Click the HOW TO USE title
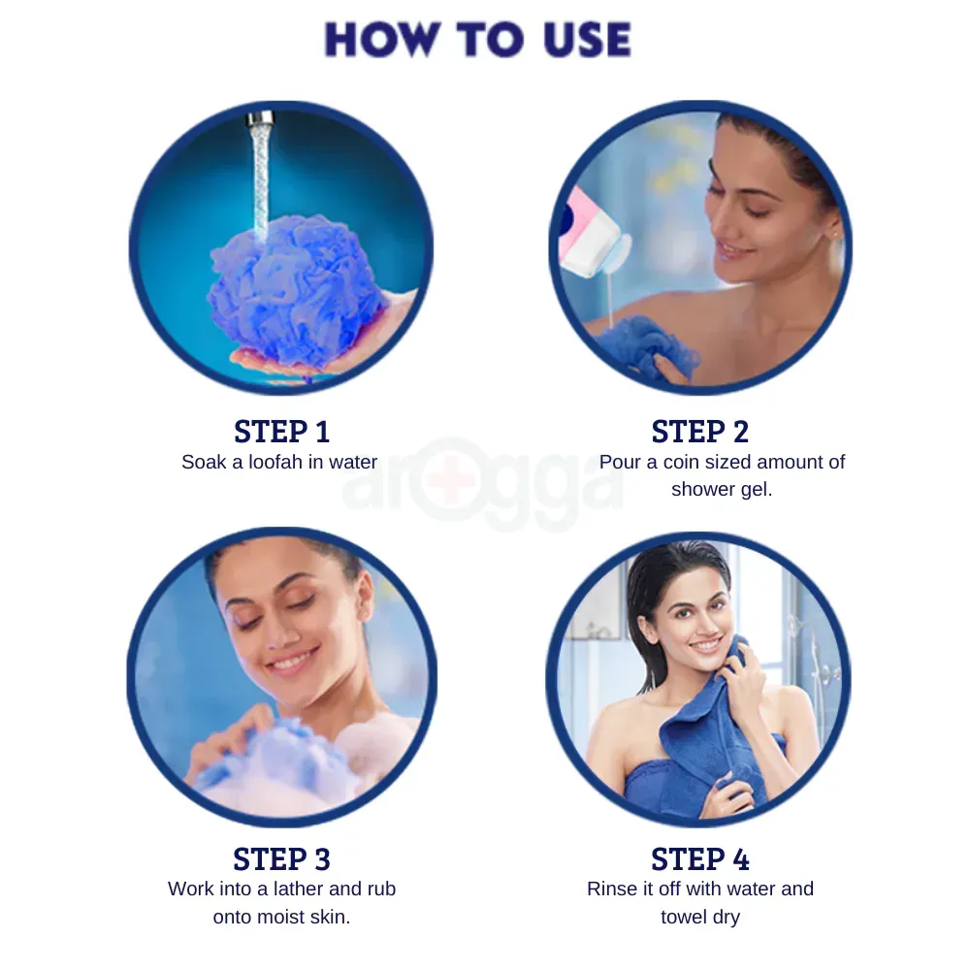(x=477, y=40)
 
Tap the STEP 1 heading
(x=281, y=432)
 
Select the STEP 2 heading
(x=700, y=432)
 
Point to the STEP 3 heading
(x=281, y=859)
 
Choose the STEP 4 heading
(x=700, y=859)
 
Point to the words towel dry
(x=699, y=917)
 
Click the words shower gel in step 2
(x=722, y=490)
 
